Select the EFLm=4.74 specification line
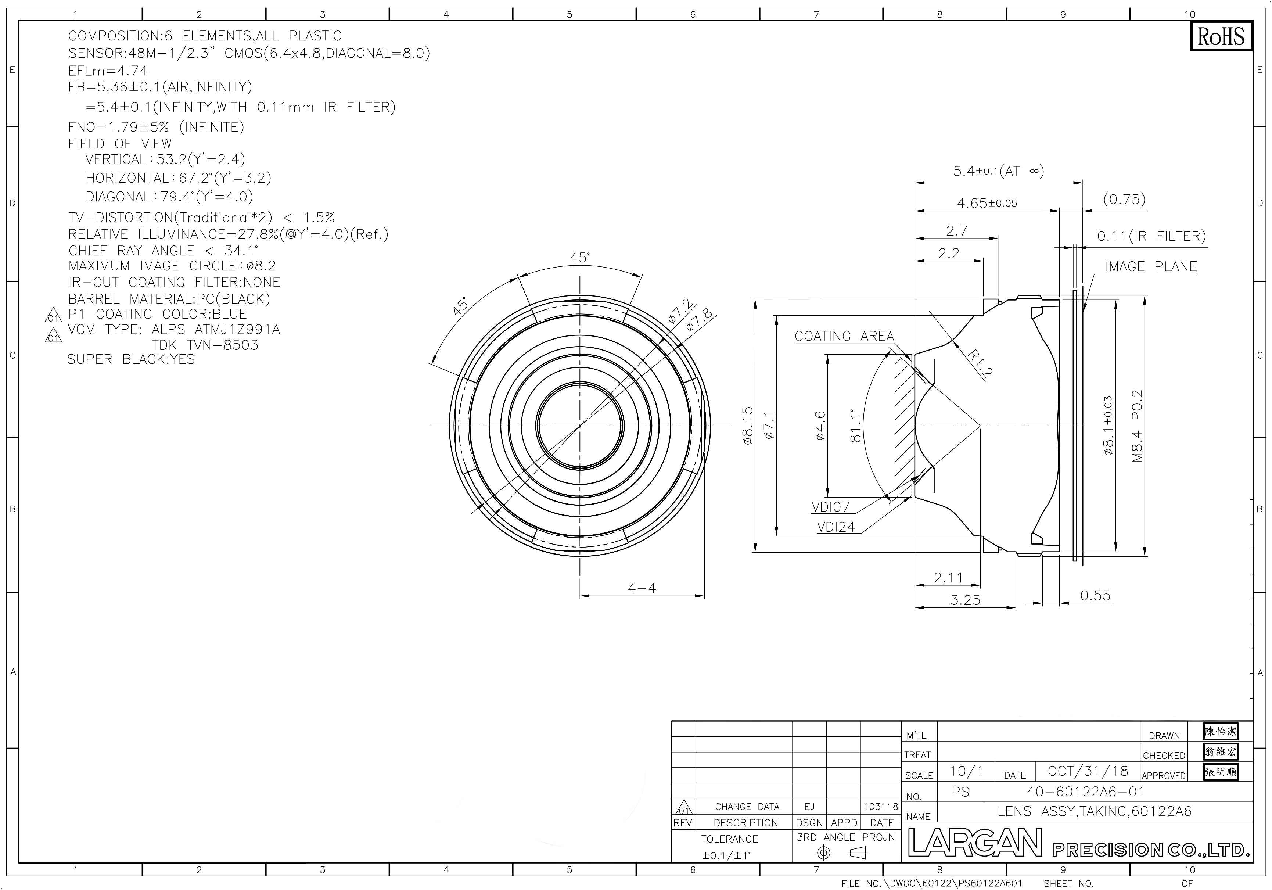click(x=108, y=71)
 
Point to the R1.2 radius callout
click(x=979, y=363)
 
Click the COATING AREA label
click(x=844, y=336)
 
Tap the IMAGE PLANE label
click(x=1151, y=266)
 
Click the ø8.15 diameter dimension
click(x=747, y=426)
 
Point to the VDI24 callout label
click(x=836, y=527)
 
